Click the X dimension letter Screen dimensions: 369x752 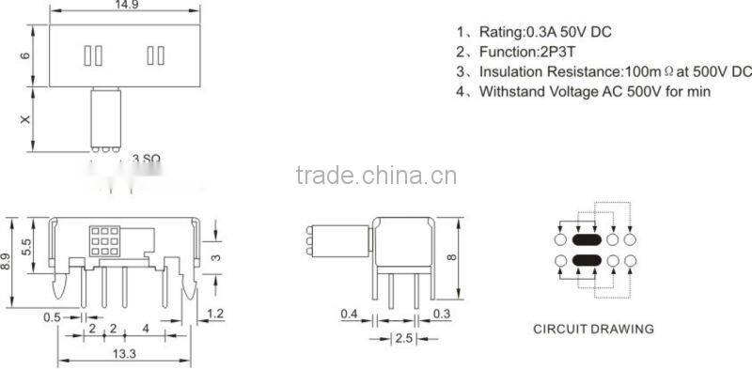point(25,120)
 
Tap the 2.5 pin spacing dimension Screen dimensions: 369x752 point(405,338)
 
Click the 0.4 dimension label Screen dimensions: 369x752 point(349,313)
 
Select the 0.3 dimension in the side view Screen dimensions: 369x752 point(441,313)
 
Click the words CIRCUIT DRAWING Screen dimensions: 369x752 point(593,330)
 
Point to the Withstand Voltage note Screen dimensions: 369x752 point(594,92)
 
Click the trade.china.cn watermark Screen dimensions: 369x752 point(375,176)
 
